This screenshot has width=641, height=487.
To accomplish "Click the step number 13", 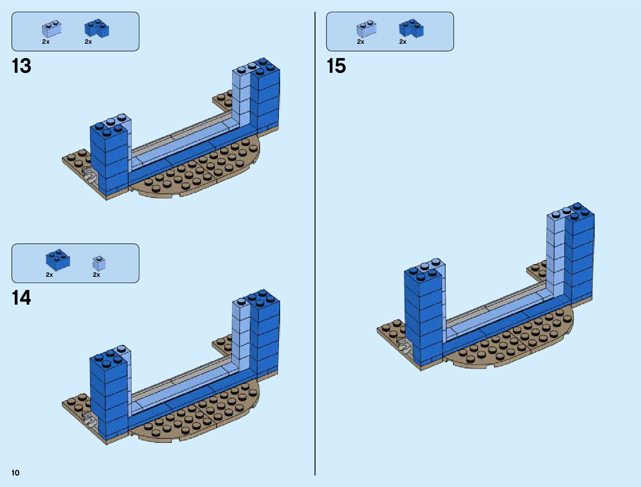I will point(21,66).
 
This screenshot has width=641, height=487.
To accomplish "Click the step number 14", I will point(21,298).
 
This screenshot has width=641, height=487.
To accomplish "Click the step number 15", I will point(336,66).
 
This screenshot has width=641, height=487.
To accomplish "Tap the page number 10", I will point(16,473).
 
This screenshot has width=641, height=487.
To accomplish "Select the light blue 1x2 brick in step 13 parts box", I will point(51,29).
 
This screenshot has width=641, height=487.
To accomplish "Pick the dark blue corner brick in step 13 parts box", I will point(97,28).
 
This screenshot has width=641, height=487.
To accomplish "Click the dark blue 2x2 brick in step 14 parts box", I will point(57,260).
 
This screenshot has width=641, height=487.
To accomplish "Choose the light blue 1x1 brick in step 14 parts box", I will point(99,263).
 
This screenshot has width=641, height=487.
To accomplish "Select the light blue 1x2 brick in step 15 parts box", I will point(366,29).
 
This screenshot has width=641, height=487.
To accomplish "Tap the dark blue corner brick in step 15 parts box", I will point(411,28).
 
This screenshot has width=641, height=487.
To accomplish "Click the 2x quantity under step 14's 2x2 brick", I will point(50,275).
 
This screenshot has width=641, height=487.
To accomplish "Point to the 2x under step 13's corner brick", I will point(88,42).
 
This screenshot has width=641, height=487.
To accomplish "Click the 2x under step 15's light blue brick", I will point(360,42).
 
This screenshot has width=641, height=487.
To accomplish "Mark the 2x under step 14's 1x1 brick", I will point(97,275).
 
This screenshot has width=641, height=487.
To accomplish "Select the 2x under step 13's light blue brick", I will point(46,42).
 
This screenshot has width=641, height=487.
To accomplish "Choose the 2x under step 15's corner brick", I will point(403,42).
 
